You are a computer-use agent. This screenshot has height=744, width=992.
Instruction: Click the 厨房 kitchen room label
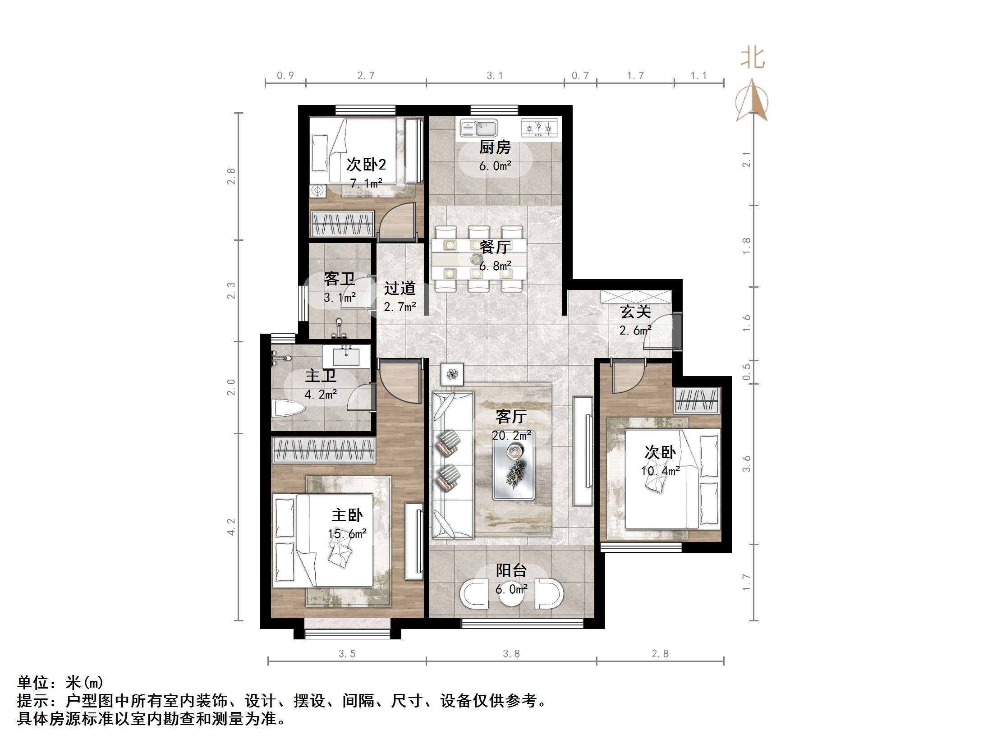coord(495,147)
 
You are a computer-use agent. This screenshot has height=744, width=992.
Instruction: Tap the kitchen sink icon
coord(479,128)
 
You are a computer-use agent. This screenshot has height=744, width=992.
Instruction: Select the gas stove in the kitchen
coord(539,128)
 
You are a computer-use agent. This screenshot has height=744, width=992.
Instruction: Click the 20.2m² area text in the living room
coord(511,436)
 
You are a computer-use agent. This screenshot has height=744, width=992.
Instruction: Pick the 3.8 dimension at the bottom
coord(511,653)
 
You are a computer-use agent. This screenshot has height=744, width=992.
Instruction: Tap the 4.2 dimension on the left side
coord(231,527)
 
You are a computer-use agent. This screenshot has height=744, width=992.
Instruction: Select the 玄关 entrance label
coord(635,312)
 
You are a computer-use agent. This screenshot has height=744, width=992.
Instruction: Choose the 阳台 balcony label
coord(511,570)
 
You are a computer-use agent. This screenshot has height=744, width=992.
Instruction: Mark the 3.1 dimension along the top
coord(495,76)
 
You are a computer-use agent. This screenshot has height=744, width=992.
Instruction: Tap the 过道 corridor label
coord(400,288)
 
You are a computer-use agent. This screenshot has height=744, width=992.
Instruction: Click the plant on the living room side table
coord(452,374)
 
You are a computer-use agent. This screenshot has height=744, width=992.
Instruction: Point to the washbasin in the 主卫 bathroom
coord(346,356)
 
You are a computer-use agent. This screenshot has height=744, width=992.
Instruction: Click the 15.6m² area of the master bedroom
coord(347,534)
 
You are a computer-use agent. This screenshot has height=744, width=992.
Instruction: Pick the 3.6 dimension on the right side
coord(747,464)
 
